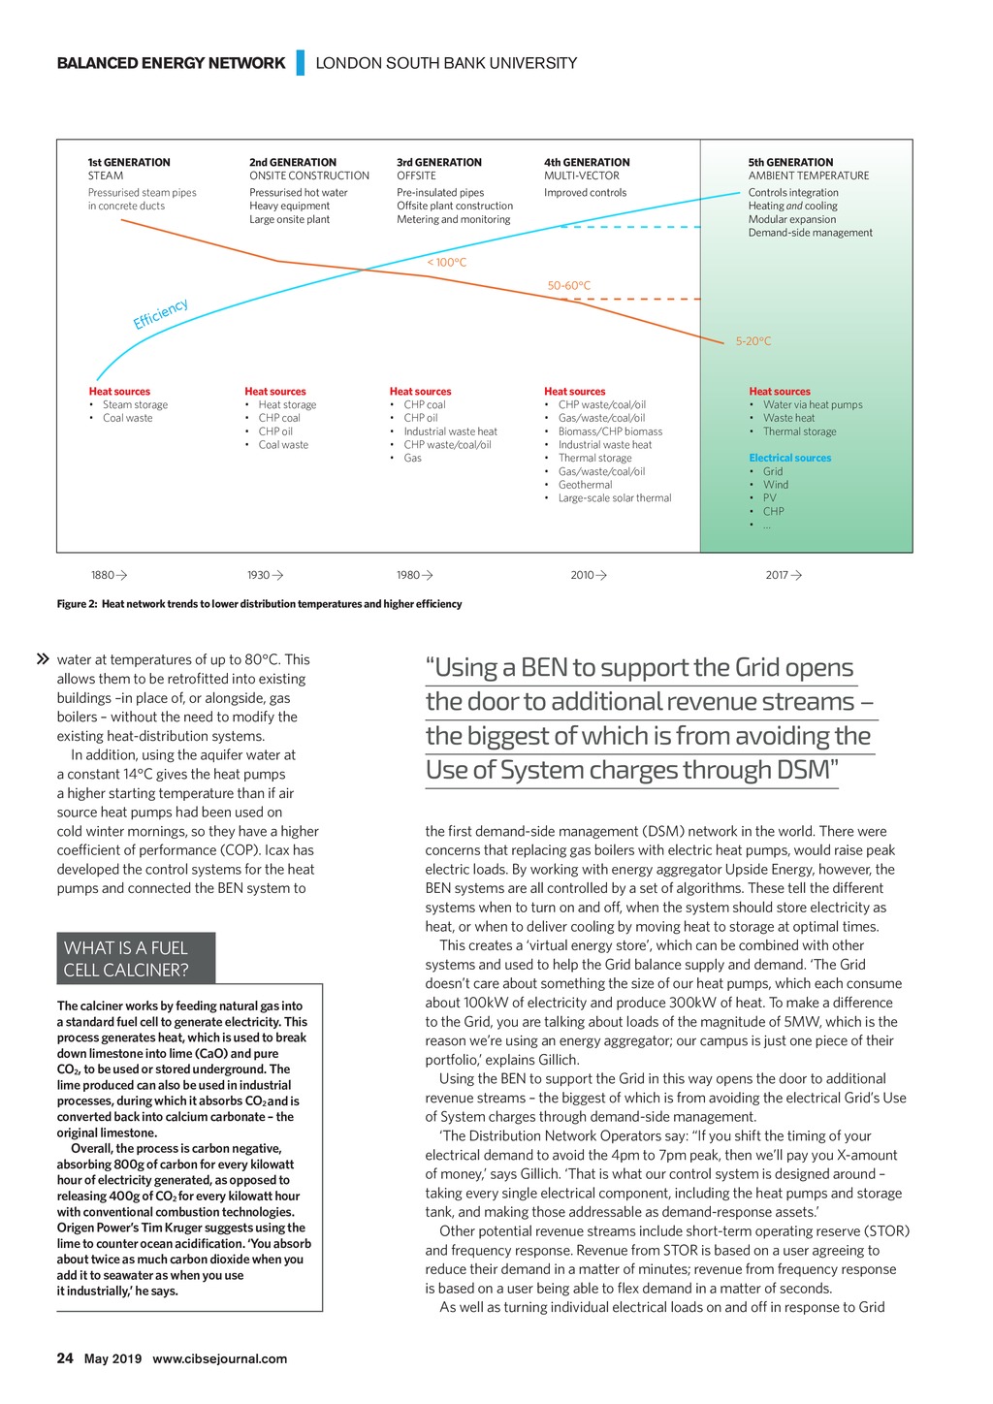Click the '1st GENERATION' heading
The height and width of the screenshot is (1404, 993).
[129, 163]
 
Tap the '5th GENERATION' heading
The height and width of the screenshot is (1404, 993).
[790, 163]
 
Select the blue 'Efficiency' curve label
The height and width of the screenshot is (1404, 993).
[161, 314]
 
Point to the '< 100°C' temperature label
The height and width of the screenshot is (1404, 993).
[447, 263]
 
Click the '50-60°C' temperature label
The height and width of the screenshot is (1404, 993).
[569, 286]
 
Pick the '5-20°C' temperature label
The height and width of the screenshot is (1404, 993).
[753, 341]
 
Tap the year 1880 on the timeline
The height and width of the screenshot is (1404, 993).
[103, 575]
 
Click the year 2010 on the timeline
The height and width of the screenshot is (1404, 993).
[582, 575]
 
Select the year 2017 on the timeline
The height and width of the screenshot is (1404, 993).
[777, 575]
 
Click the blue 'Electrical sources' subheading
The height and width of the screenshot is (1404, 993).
[789, 458]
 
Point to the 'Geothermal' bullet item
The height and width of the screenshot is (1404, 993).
[585, 485]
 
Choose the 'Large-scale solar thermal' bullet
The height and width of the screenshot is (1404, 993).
[614, 498]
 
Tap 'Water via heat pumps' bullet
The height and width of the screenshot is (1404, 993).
[812, 405]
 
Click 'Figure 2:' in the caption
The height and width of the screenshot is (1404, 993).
[77, 604]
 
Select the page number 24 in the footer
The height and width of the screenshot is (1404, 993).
[65, 1358]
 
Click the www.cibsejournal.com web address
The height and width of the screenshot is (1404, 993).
[220, 1358]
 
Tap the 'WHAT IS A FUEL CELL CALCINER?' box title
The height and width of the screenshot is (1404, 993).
[127, 959]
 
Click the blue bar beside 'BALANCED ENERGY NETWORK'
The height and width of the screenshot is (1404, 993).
[301, 63]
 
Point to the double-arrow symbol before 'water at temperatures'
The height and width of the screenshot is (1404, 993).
[43, 659]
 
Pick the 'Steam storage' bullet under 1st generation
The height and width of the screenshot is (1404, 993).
[135, 405]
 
